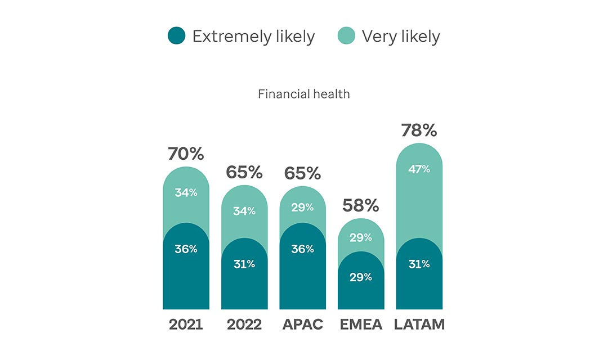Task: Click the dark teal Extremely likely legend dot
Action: pyautogui.click(x=177, y=37)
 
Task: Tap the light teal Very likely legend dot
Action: pyautogui.click(x=346, y=37)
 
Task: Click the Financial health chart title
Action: pyautogui.click(x=303, y=94)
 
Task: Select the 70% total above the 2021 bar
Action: pyautogui.click(x=185, y=154)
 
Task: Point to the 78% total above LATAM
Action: pyautogui.click(x=419, y=130)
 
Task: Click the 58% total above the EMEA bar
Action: pyautogui.click(x=361, y=205)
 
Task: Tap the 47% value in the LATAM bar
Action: pyautogui.click(x=419, y=169)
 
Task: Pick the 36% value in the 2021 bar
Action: pyautogui.click(x=186, y=249)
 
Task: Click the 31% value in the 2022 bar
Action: pyautogui.click(x=244, y=263)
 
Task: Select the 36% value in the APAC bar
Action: pyautogui.click(x=302, y=249)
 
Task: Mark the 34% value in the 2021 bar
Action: pyautogui.click(x=186, y=192)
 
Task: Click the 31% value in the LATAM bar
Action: pyautogui.click(x=419, y=263)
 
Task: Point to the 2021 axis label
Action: pyautogui.click(x=186, y=325)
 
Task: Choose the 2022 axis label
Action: pyautogui.click(x=244, y=325)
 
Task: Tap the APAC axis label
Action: pyautogui.click(x=302, y=325)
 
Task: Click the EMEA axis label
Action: pyautogui.click(x=361, y=325)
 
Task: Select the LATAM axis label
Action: pyautogui.click(x=419, y=325)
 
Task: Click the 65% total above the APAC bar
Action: pyautogui.click(x=302, y=173)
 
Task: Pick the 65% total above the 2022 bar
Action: pyautogui.click(x=244, y=172)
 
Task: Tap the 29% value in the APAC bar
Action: pyautogui.click(x=302, y=208)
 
